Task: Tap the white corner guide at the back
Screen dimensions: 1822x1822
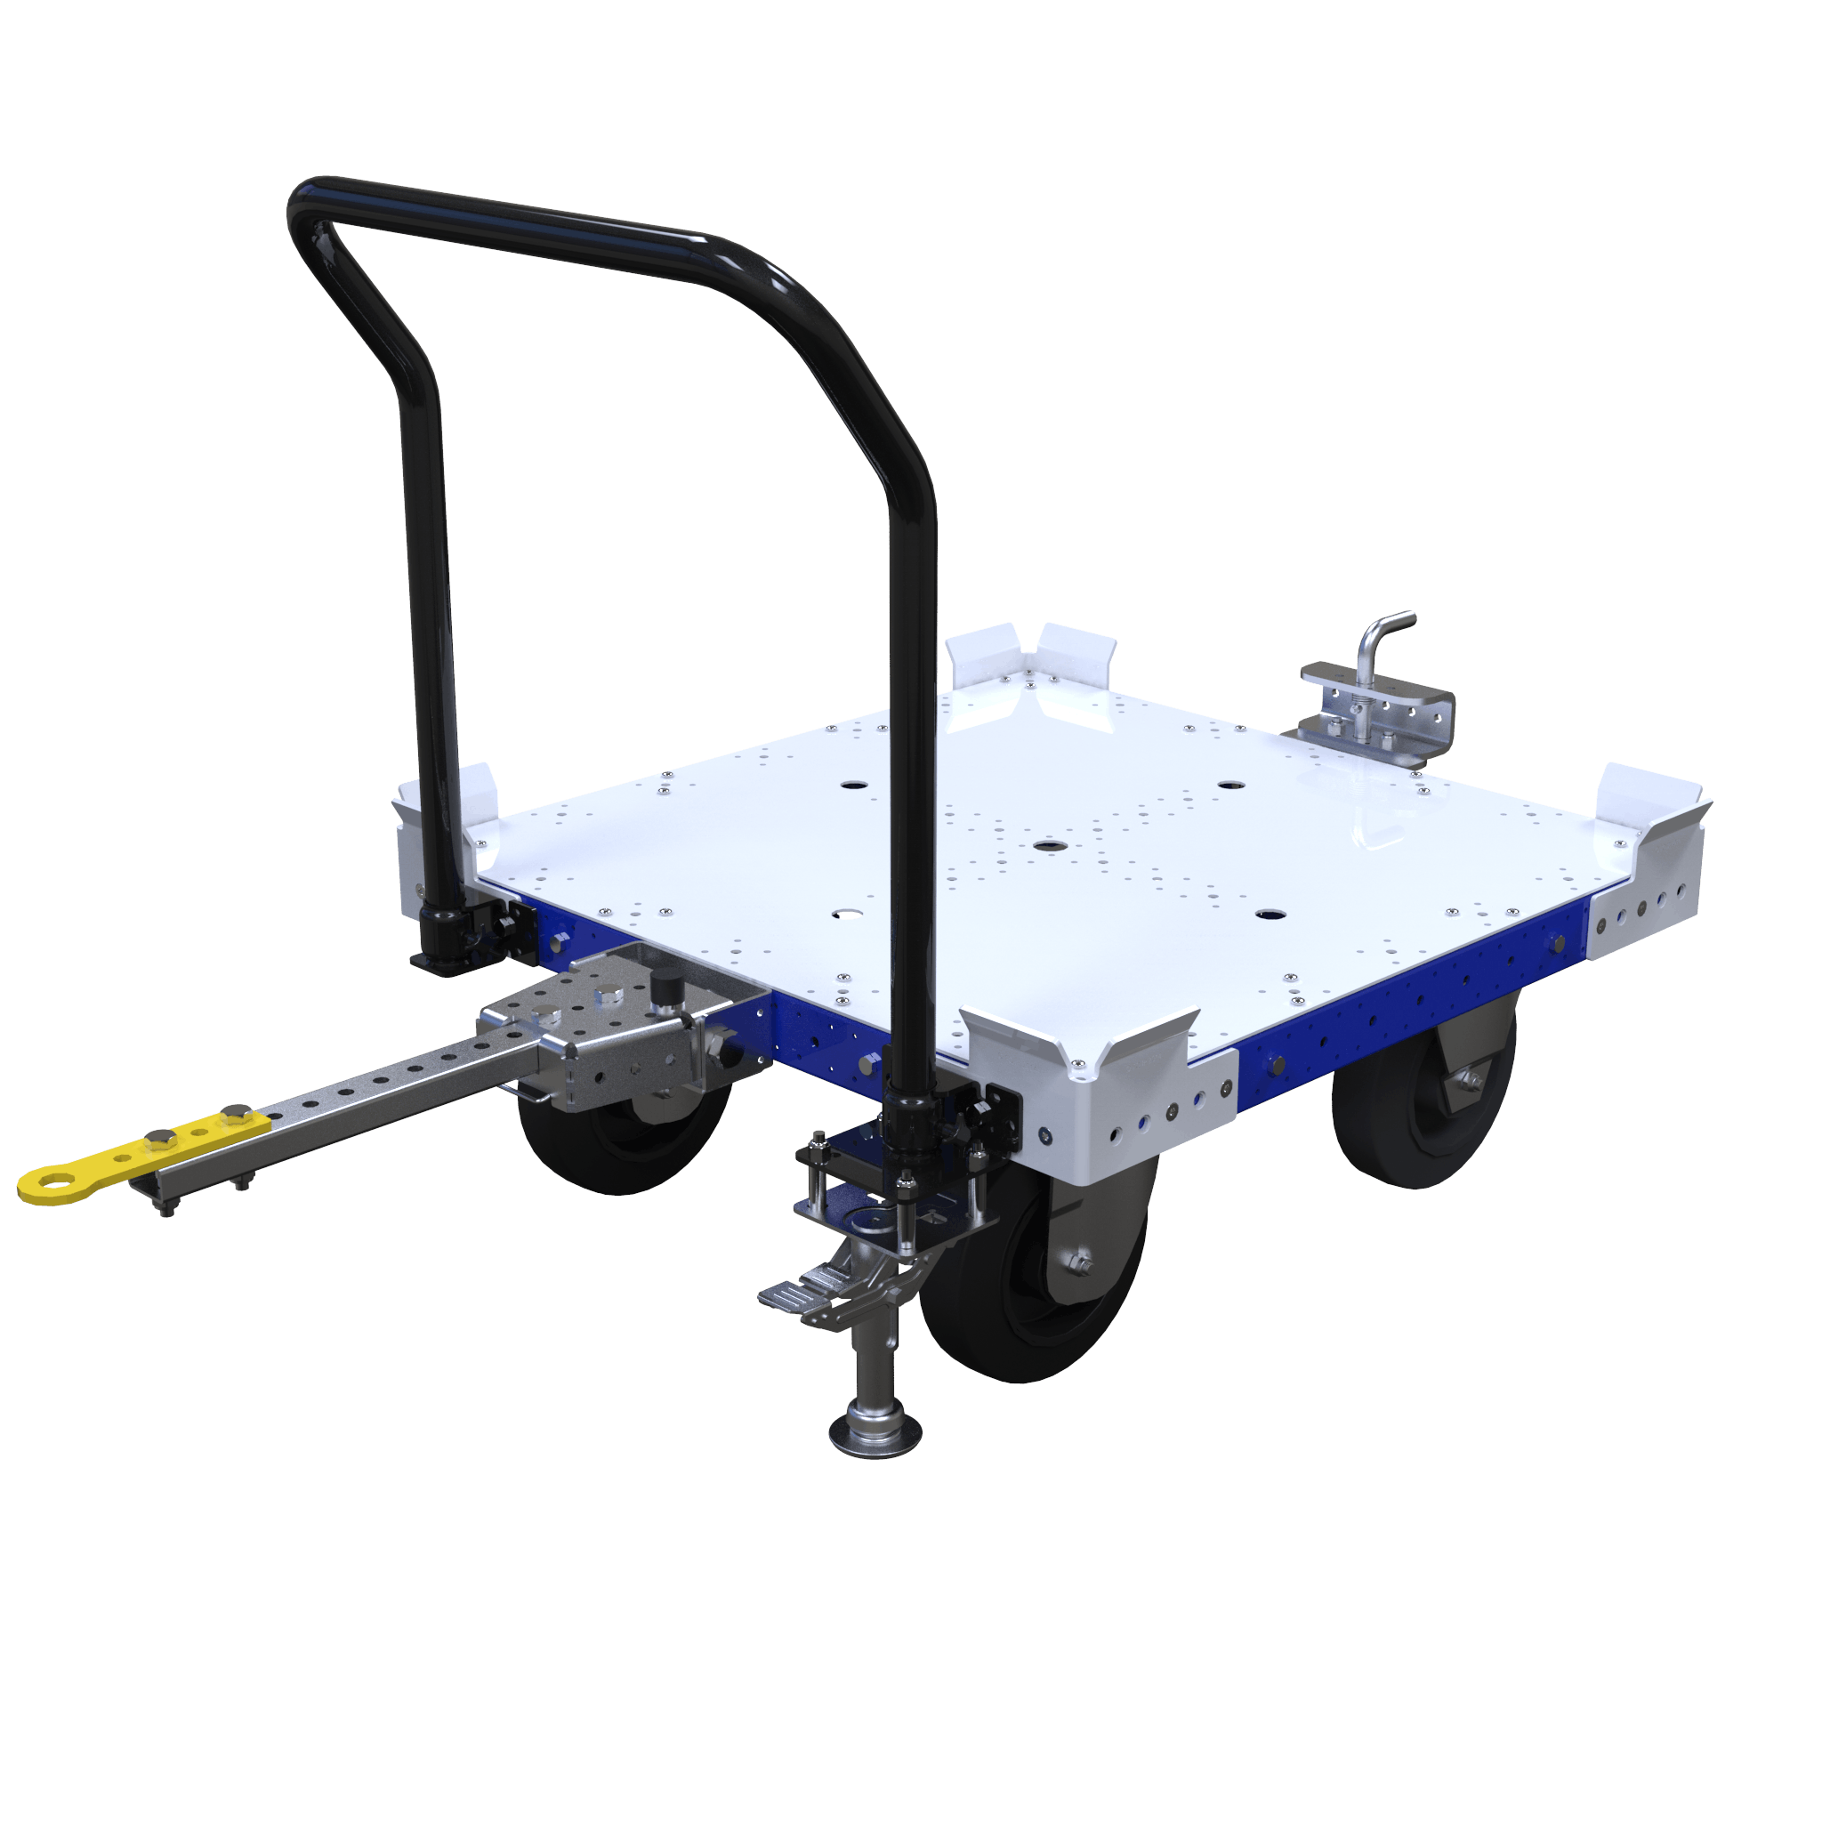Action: (1033, 660)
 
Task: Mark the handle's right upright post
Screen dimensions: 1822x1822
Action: (913, 754)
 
